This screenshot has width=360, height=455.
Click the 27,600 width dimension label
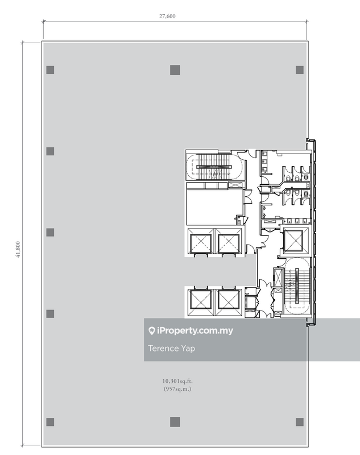click(167, 16)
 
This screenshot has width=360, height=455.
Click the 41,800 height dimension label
click(18, 250)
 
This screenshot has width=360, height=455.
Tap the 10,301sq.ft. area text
click(177, 381)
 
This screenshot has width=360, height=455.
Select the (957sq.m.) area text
click(177, 389)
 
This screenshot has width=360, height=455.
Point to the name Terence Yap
click(171, 348)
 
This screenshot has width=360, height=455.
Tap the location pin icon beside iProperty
click(151, 331)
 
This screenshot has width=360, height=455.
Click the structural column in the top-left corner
click(50, 70)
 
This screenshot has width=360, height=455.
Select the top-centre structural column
click(175, 70)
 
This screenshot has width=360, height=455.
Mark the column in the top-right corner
click(300, 70)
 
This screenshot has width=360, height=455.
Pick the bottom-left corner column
click(50, 422)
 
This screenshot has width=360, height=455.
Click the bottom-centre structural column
click(175, 422)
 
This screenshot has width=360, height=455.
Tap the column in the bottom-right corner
click(300, 422)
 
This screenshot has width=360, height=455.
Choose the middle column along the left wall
click(50, 233)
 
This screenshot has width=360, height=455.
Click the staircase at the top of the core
click(214, 167)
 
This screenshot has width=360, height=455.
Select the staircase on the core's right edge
click(297, 286)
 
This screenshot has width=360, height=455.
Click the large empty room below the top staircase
click(214, 207)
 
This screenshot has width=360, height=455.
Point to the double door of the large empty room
click(248, 197)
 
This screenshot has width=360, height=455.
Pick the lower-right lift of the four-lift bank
click(228, 299)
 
